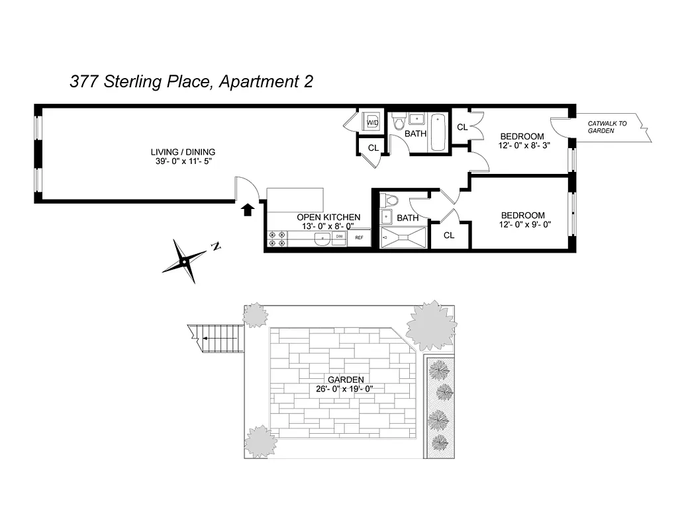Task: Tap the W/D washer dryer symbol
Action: pyautogui.click(x=372, y=122)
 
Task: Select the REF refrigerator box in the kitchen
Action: pyautogui.click(x=360, y=237)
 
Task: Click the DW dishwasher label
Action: pyautogui.click(x=339, y=236)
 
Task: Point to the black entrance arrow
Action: pyautogui.click(x=247, y=210)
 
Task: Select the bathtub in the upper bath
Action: pyautogui.click(x=439, y=132)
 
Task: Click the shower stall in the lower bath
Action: pyautogui.click(x=404, y=238)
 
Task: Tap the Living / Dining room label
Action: pyautogui.click(x=183, y=152)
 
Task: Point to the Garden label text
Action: pyautogui.click(x=345, y=380)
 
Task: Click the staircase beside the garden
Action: pyautogui.click(x=219, y=338)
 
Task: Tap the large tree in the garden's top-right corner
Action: pyautogui.click(x=431, y=325)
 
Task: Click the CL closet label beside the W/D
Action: pyautogui.click(x=373, y=148)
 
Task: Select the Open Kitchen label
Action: pyautogui.click(x=328, y=217)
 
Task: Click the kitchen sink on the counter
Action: pyautogui.click(x=322, y=239)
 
